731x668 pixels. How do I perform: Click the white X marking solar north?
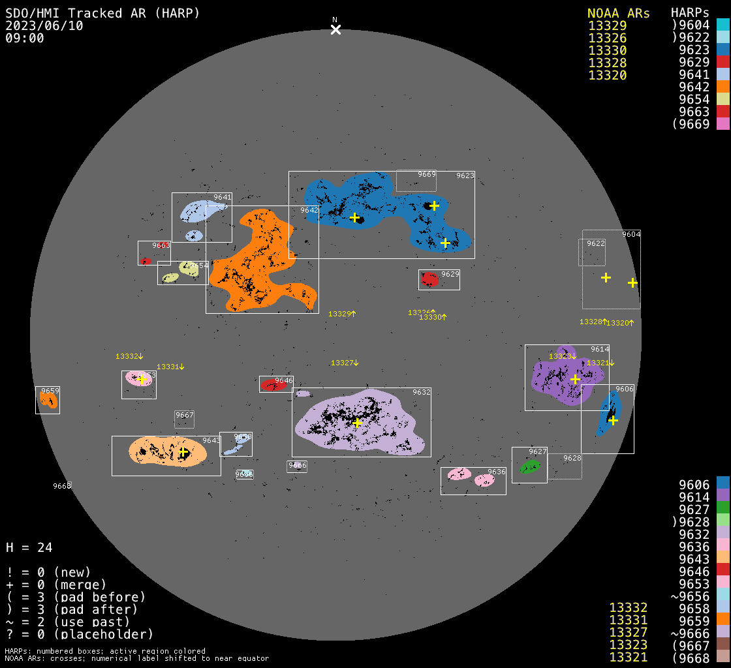(335, 29)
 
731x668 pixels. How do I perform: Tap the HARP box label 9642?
(309, 210)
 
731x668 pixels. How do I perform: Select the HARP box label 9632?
(422, 392)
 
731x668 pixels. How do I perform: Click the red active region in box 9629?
(429, 279)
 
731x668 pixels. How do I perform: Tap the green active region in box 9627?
(529, 466)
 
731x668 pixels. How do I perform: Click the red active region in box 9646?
(273, 385)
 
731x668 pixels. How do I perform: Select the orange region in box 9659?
(48, 399)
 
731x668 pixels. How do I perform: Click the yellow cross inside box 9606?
(613, 420)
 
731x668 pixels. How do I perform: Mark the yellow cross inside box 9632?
(357, 423)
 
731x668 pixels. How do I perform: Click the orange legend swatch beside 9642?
(723, 87)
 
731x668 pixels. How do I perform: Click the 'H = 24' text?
(29, 547)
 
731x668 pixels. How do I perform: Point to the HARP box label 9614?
(600, 349)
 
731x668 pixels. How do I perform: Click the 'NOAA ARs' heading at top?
(618, 13)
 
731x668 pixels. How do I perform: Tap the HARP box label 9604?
(631, 234)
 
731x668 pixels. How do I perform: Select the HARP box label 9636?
(497, 472)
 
